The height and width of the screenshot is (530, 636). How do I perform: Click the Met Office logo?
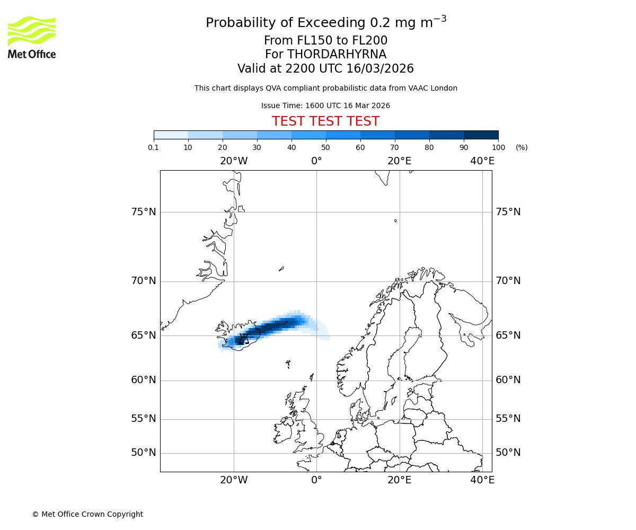(x=32, y=37)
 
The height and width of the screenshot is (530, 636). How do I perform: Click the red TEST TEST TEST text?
(x=325, y=121)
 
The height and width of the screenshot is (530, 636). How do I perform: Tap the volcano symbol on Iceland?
(x=243, y=339)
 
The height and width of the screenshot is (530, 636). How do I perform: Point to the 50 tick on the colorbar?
(x=325, y=147)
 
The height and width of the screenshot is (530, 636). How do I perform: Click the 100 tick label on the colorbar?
(x=498, y=147)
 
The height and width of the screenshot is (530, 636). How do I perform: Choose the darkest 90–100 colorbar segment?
(x=481, y=135)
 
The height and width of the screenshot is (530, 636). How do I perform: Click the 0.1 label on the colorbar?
(x=154, y=147)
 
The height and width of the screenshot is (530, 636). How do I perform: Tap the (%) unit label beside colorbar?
(x=522, y=147)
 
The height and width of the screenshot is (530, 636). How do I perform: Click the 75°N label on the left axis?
(x=144, y=212)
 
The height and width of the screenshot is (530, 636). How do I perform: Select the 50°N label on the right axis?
(x=508, y=453)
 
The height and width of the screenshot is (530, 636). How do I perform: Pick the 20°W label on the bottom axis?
(x=234, y=480)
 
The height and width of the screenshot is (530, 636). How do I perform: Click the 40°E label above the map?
(x=482, y=161)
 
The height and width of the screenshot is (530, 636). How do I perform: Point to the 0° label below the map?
(x=316, y=480)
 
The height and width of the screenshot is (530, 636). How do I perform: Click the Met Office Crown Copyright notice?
(x=87, y=514)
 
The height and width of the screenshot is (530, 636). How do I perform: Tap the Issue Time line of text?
(x=325, y=105)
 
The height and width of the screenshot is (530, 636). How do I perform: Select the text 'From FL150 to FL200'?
(x=325, y=41)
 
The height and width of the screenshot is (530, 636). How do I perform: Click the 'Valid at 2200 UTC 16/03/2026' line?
(x=325, y=68)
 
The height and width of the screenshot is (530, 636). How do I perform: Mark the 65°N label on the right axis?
(x=508, y=335)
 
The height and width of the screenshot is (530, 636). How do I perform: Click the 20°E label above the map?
(x=400, y=161)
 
